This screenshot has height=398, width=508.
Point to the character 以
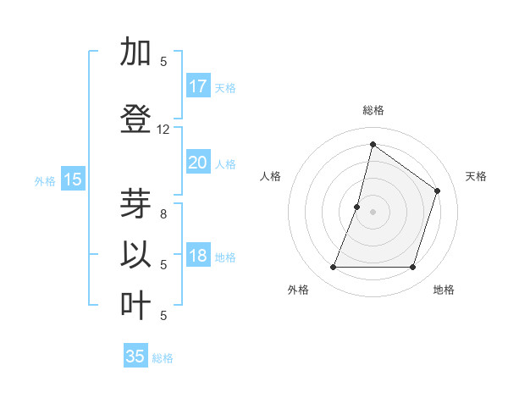[x=136, y=255]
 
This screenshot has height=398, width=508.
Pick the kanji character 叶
[x=136, y=306]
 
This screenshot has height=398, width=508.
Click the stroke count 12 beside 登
[x=163, y=130]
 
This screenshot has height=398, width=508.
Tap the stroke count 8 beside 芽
[x=163, y=214]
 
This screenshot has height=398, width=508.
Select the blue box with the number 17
[x=198, y=86]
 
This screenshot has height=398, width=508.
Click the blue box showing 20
[x=198, y=163]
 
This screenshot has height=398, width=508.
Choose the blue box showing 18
[x=198, y=256]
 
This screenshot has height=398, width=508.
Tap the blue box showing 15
[x=73, y=179]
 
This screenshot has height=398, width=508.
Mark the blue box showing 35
[x=135, y=357]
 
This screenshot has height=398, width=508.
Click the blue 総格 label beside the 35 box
[x=163, y=358]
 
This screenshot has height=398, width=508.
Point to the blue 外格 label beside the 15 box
[x=45, y=180]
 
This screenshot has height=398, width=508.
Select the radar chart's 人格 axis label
[x=270, y=176]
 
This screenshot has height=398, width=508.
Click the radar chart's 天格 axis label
[x=476, y=176]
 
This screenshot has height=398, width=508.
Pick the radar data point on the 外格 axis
[x=333, y=268]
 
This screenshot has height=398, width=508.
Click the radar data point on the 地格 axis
[x=412, y=268]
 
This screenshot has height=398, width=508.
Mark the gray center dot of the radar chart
[x=373, y=212]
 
